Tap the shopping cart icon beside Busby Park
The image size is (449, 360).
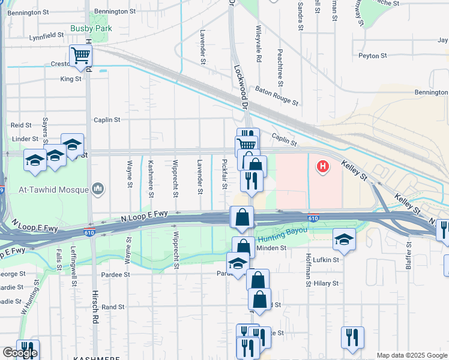[80, 56]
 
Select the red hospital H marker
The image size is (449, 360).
[323, 166]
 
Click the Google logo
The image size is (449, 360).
[20, 353]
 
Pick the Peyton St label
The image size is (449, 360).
[373, 56]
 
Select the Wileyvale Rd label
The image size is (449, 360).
[259, 44]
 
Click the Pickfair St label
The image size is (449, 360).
[224, 173]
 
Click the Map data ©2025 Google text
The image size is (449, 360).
[412, 355]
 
